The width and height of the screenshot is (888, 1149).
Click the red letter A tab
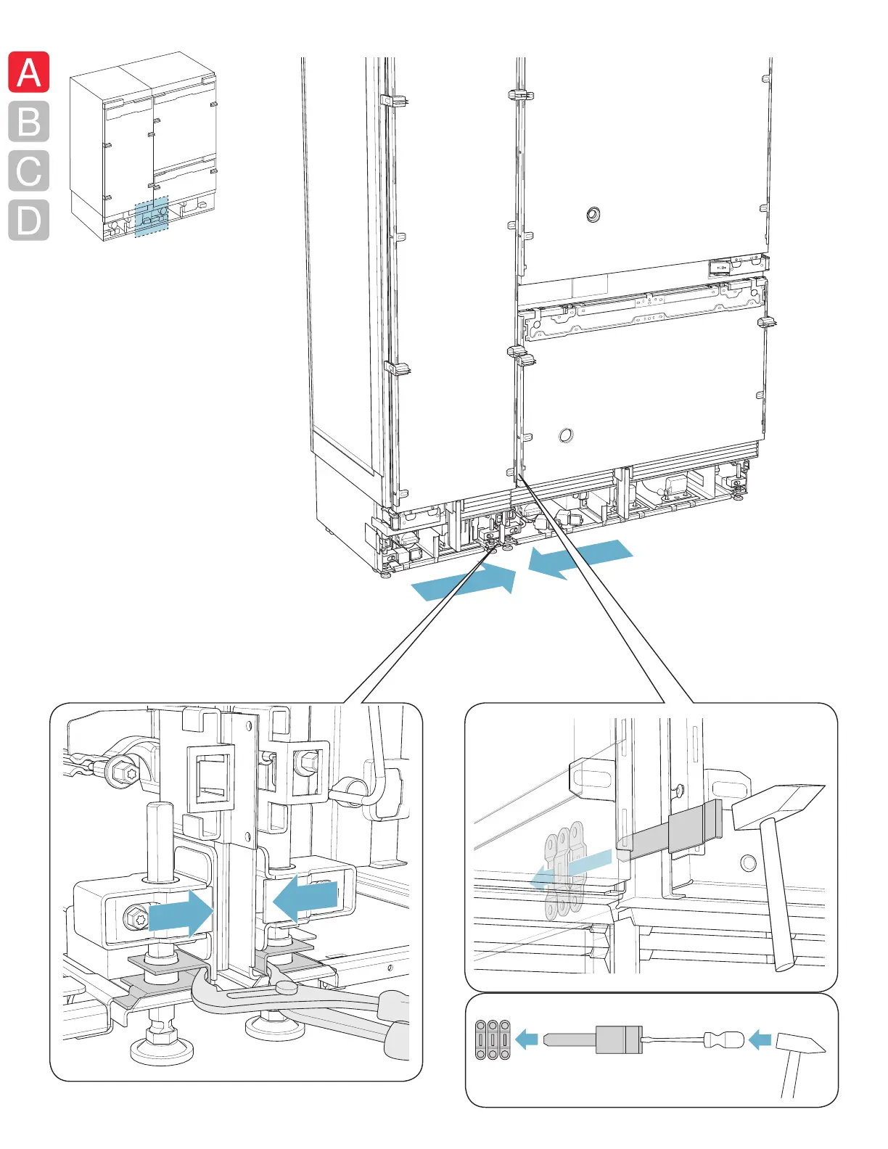pyautogui.click(x=29, y=73)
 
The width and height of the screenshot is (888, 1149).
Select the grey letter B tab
pyautogui.click(x=29, y=121)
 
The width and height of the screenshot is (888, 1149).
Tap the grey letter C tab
pyautogui.click(x=29, y=171)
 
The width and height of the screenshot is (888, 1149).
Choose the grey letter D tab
pyautogui.click(x=29, y=220)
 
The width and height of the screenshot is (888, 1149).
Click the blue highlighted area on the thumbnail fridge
pyautogui.click(x=152, y=216)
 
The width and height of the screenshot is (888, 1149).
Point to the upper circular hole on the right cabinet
pyautogui.click(x=593, y=214)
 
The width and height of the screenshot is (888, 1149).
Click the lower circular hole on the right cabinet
pyautogui.click(x=566, y=435)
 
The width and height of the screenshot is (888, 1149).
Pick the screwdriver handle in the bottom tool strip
pyautogui.click(x=725, y=1039)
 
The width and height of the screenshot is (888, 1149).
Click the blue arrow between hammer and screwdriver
pyautogui.click(x=760, y=1039)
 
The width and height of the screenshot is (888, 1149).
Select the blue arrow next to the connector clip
pyautogui.click(x=527, y=1039)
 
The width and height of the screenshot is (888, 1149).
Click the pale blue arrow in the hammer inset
pyautogui.click(x=573, y=869)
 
